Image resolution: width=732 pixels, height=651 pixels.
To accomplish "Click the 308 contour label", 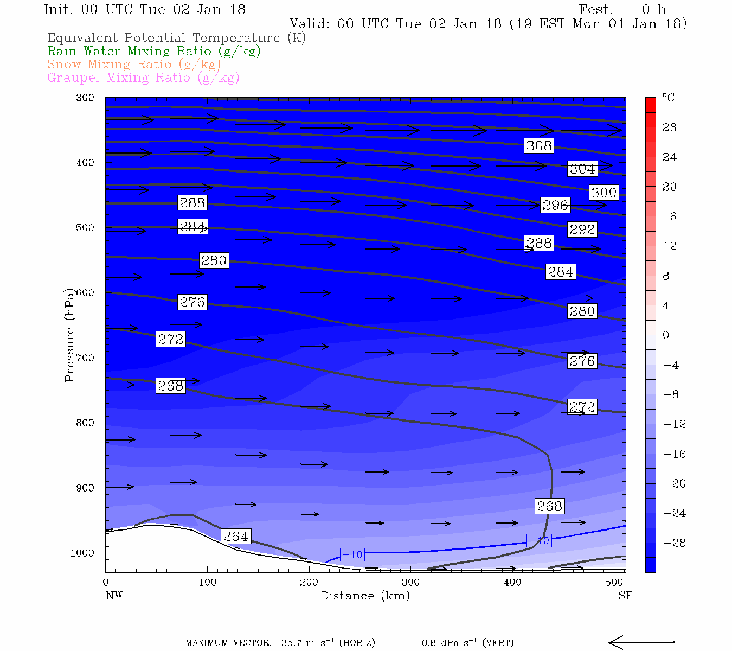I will coord(539,145).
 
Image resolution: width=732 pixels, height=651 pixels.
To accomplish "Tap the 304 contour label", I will coord(582,169).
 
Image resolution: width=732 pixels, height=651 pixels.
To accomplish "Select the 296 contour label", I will coord(555,205).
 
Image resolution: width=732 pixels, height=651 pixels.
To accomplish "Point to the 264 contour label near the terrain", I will coord(236,537).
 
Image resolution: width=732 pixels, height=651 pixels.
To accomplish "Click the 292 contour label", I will coord(582,229).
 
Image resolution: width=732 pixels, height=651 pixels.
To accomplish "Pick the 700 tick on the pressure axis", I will coord(85,358).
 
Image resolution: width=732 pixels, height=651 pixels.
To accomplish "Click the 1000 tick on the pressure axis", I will coord(82,553).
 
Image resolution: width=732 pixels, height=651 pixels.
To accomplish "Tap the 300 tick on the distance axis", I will coord(410,583).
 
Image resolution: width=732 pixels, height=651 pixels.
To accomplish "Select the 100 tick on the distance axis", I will coord(207,583).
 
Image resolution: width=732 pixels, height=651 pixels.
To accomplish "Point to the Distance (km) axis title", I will coord(365,596).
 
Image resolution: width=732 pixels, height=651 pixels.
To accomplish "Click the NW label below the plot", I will coord(114,596).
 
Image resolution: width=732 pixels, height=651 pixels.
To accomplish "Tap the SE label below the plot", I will coord(625,596).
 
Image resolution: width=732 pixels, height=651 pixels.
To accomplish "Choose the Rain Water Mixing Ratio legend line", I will coord(154,52).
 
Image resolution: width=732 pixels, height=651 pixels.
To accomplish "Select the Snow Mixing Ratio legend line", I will coord(134,65).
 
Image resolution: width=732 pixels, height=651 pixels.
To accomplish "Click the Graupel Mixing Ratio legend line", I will coord(143,78).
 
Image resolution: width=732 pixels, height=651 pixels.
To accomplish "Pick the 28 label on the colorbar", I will coord(670,127).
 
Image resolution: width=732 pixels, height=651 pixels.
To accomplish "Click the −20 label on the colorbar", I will coord(675,484).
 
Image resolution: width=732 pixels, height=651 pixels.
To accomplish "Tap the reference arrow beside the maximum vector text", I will coord(641,643).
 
